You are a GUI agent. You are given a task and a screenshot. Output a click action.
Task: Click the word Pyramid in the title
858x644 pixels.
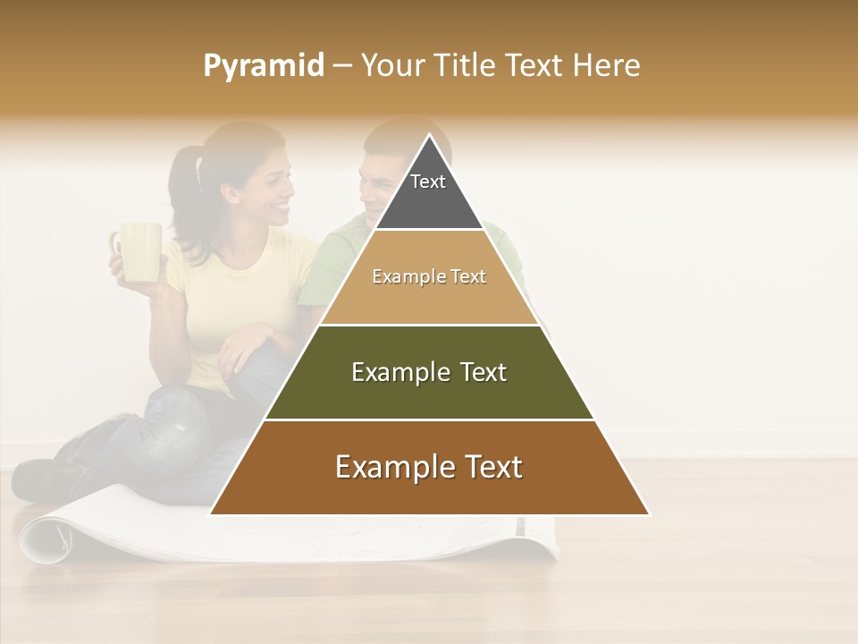point(263,66)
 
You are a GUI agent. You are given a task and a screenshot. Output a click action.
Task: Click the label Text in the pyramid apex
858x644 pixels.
point(428,182)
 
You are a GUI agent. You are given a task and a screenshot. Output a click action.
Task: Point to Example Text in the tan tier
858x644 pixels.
point(429,276)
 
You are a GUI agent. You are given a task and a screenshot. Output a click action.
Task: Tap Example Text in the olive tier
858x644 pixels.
point(429,372)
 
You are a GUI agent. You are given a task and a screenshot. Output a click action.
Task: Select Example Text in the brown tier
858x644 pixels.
point(429,467)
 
